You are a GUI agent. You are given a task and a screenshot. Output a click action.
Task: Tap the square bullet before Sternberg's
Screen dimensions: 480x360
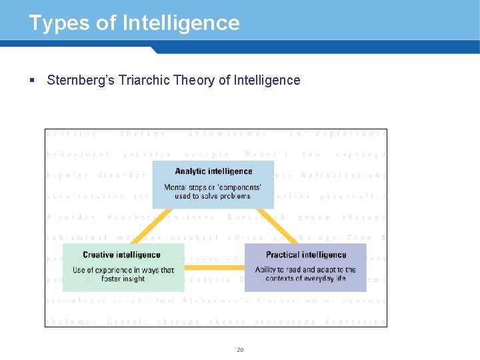pos(32,80)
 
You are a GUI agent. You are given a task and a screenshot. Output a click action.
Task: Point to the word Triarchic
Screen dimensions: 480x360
pos(144,80)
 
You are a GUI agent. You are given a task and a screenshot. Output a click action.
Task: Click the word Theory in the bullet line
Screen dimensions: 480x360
pos(194,80)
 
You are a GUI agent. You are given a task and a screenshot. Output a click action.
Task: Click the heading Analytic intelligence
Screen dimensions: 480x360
pos(213,171)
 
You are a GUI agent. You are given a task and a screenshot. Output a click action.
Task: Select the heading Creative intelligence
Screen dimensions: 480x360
pos(121,255)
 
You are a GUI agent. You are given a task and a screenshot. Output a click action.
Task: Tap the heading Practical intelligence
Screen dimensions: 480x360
pos(306,255)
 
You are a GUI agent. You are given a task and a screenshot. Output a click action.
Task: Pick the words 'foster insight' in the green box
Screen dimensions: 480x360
pos(123,279)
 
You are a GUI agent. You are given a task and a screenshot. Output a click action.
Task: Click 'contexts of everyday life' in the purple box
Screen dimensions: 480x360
pos(306,279)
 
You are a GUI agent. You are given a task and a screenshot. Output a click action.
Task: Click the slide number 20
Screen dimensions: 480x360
pos(240,349)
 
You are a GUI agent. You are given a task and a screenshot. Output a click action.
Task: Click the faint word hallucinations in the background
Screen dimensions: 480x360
pos(343,175)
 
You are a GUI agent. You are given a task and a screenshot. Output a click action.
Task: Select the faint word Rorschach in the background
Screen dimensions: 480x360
pos(256,217)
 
